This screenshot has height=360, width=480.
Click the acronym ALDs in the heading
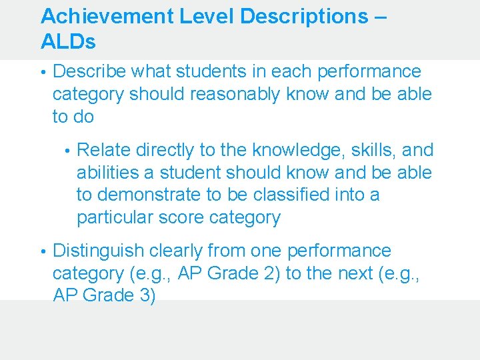pyautogui.click(x=68, y=43)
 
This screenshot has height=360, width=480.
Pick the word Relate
pyautogui.click(x=103, y=150)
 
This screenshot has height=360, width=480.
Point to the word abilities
pyautogui.click(x=107, y=173)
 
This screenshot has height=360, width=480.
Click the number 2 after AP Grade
pyautogui.click(x=273, y=273)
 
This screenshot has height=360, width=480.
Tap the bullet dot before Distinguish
pyautogui.click(x=43, y=251)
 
